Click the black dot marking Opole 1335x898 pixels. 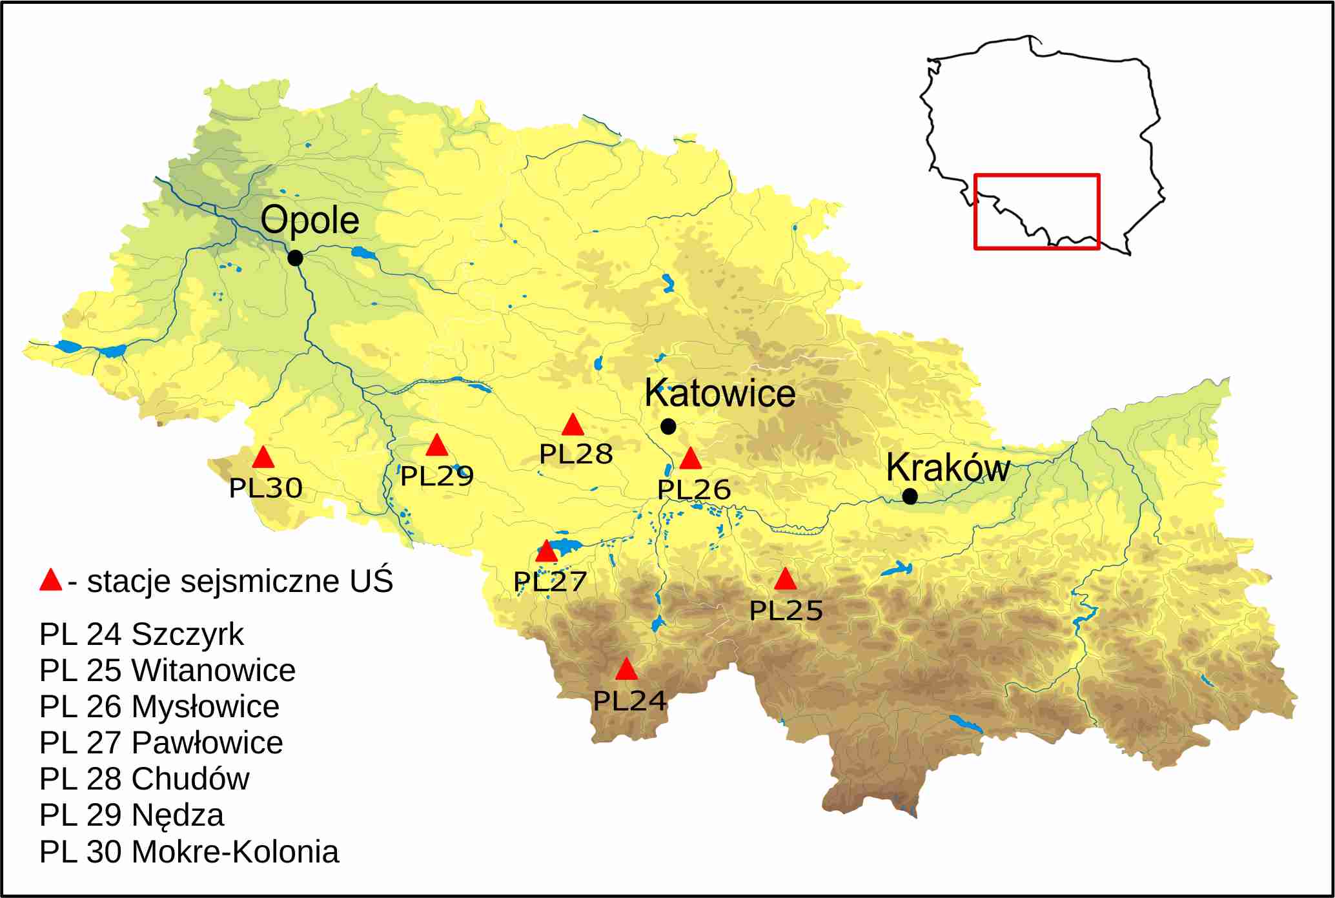295,258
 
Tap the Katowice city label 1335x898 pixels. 720,393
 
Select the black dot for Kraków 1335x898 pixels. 910,496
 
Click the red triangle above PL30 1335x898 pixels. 263,458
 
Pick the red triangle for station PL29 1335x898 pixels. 437,445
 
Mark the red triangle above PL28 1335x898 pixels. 573,425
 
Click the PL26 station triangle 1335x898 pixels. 690,459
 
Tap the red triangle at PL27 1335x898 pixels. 546,552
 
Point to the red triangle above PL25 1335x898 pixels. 785,580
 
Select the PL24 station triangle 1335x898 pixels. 626,670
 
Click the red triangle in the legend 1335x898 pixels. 50,580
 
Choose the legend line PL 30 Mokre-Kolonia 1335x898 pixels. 189,852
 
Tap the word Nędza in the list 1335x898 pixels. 178,815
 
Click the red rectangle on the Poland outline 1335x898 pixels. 1036,212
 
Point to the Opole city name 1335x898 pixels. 310,220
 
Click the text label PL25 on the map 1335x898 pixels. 786,611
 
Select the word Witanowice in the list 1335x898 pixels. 213,671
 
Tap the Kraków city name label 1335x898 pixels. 948,467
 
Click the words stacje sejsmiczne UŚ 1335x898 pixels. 239,582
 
